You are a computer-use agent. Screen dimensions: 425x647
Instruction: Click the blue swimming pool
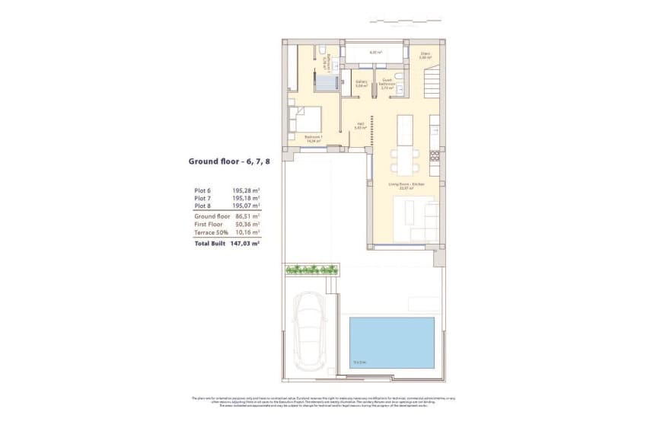[391, 343]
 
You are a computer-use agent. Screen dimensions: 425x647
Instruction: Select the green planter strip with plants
[311, 269]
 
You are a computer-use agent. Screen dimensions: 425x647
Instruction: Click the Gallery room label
[362, 85]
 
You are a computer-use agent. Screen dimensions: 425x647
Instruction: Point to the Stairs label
[425, 55]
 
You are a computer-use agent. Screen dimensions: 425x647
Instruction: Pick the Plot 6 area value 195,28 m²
[246, 190]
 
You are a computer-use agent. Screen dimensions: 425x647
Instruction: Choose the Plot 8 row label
[203, 206]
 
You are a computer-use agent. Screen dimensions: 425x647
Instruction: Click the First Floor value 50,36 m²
[246, 225]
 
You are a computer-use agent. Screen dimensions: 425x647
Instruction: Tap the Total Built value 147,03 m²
[245, 244]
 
